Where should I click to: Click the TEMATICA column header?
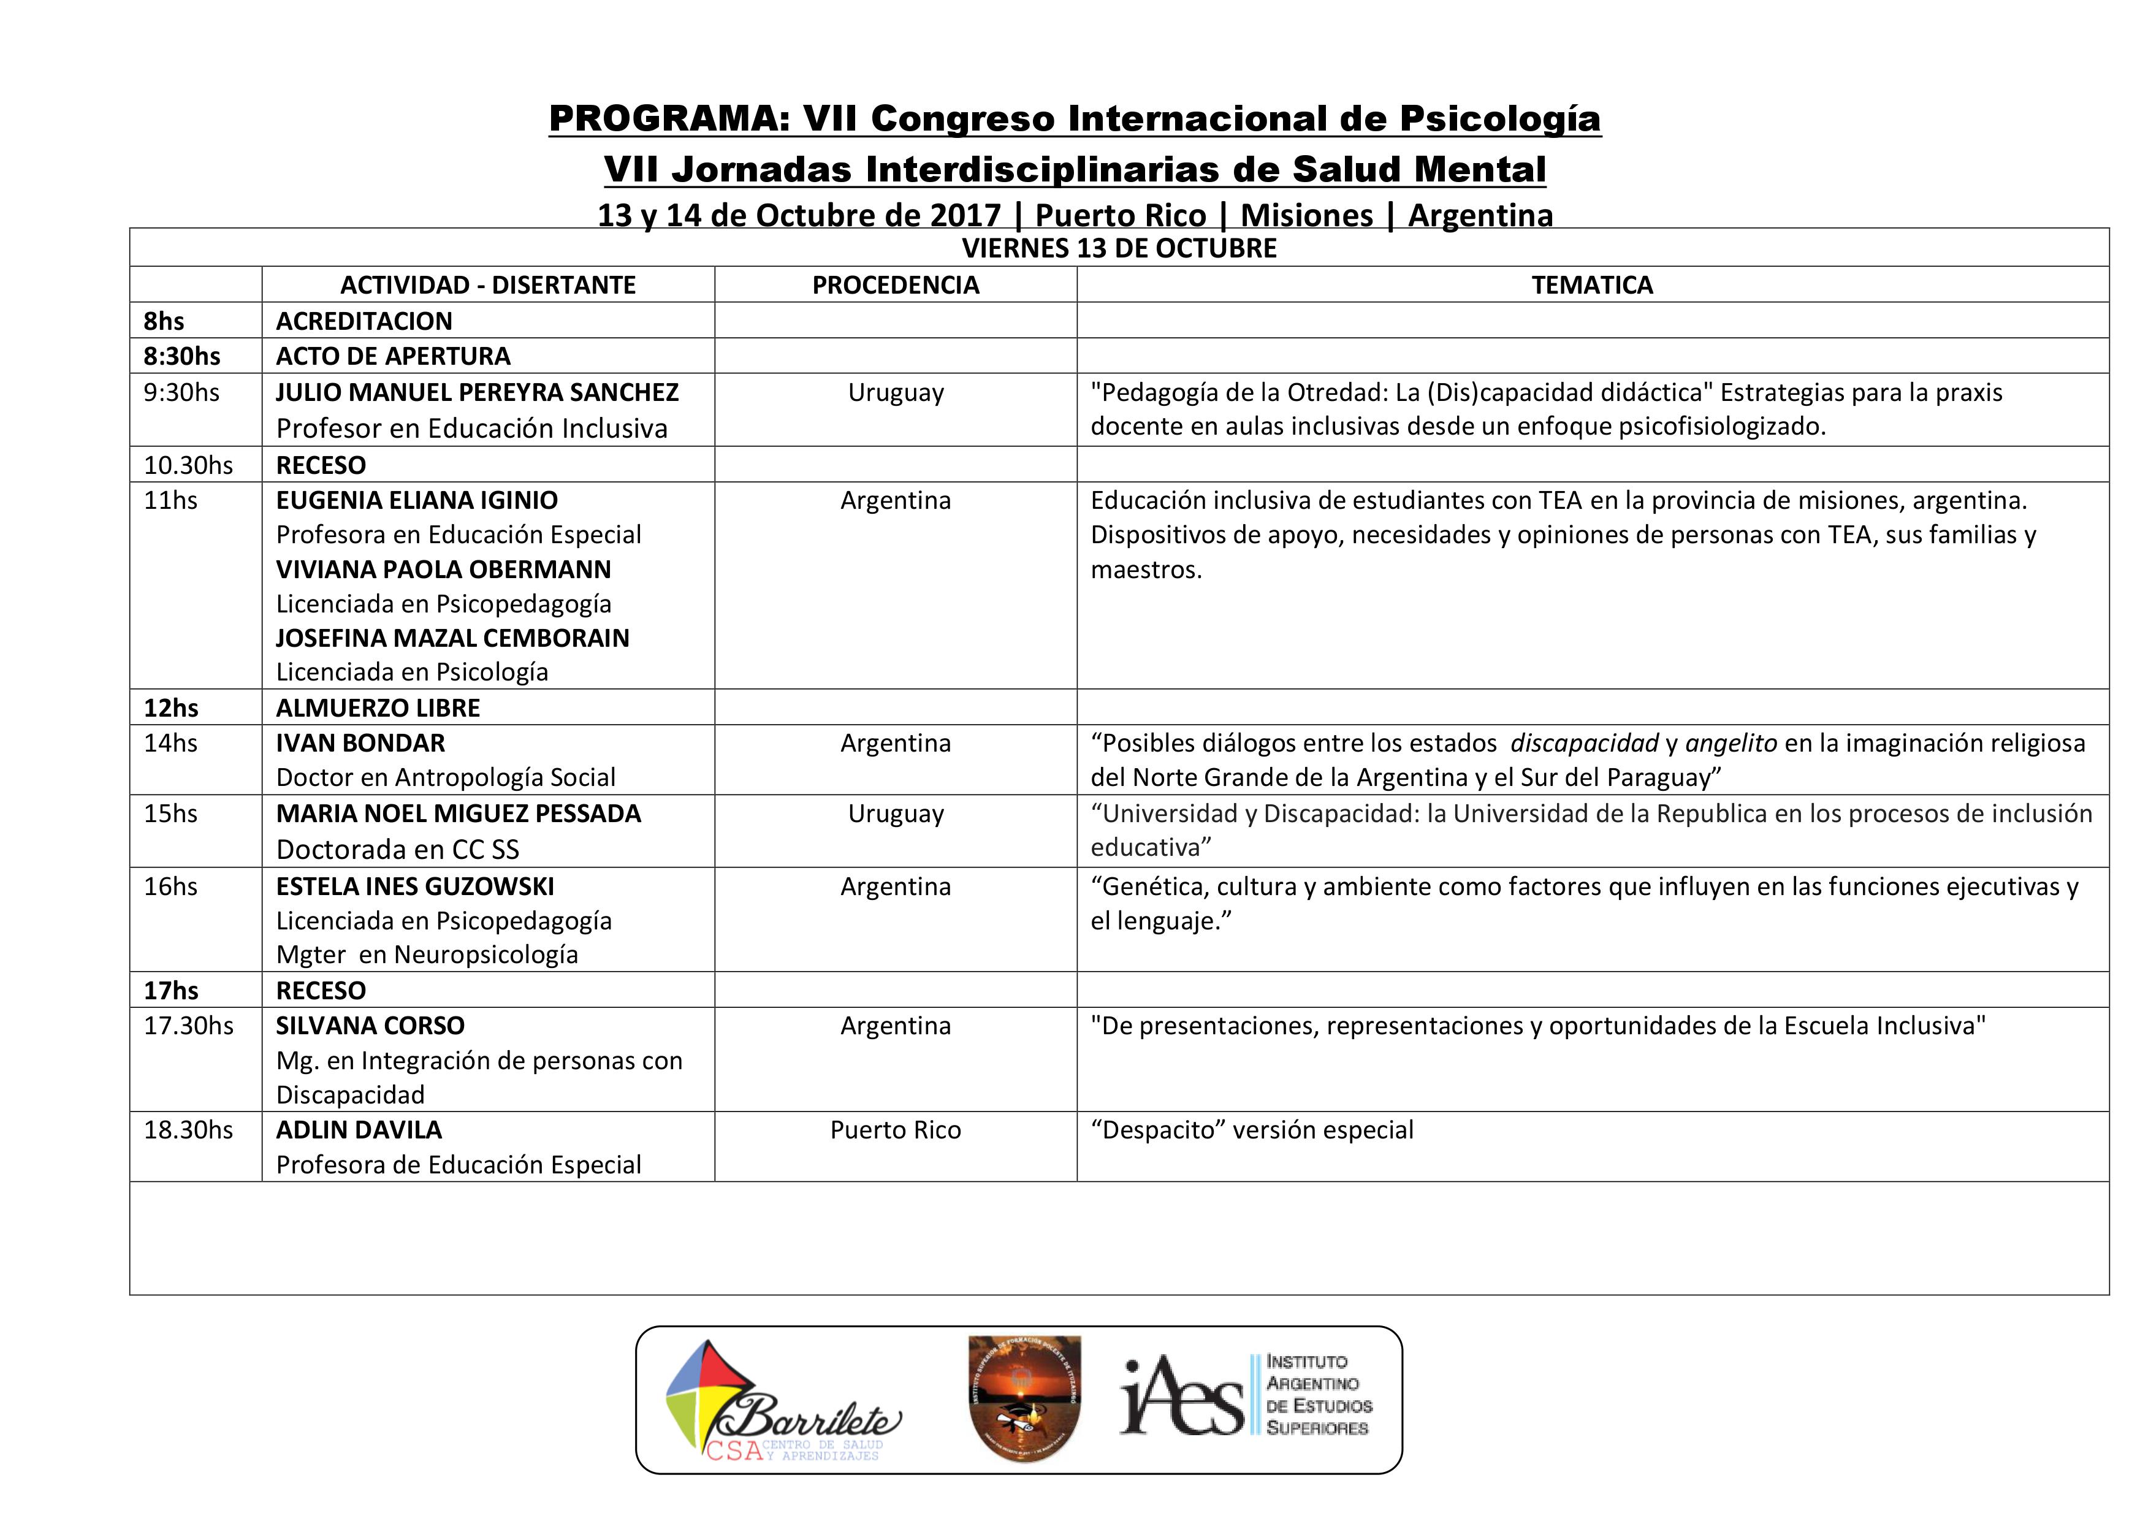coord(1592,285)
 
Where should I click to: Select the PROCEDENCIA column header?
coord(896,285)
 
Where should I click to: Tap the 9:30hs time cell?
coord(181,393)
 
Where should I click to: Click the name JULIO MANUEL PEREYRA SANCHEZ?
coord(477,393)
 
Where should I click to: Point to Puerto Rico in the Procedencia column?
coord(896,1130)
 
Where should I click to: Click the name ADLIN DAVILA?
coord(359,1130)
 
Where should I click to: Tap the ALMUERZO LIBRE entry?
coord(378,709)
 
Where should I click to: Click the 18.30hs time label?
coord(188,1130)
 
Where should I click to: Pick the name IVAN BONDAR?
coord(360,743)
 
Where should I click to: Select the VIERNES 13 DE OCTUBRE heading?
coord(1119,248)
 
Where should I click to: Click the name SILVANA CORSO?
coord(370,1026)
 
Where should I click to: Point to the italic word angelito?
coord(1730,743)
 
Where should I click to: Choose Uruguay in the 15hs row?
coord(896,814)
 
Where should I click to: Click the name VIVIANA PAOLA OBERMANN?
coord(443,570)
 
